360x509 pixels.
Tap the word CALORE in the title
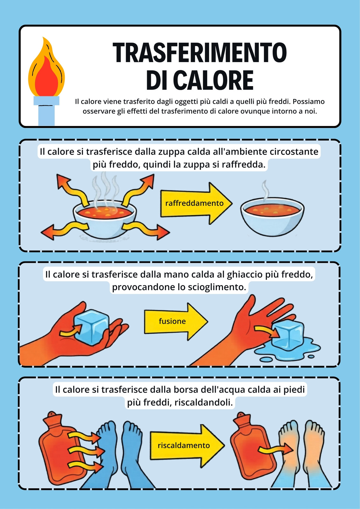(x=215, y=80)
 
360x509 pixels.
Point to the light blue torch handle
(x=46, y=111)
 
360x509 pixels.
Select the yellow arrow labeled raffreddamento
(x=196, y=203)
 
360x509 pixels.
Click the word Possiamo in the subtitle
(x=309, y=101)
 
